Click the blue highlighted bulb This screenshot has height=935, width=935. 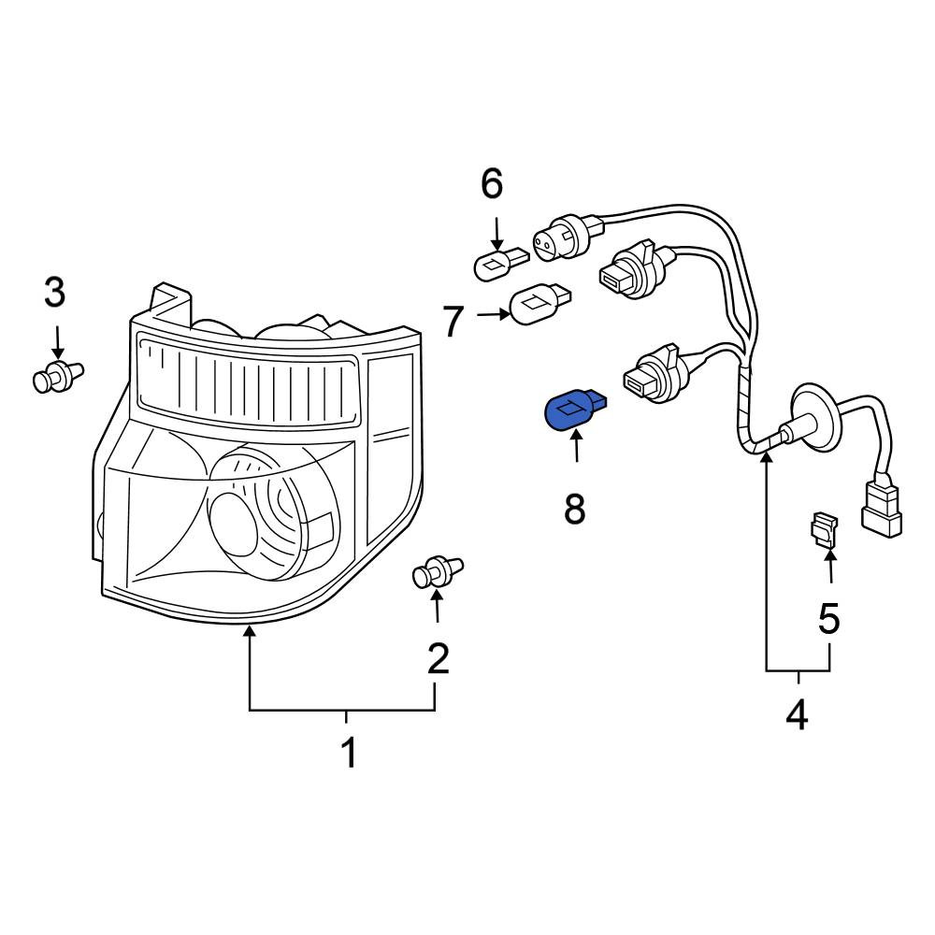pos(569,412)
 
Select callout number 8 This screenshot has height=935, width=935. pos(574,510)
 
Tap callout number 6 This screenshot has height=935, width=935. pos(492,184)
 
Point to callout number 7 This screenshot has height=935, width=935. pos(453,322)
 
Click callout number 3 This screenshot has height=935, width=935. pos(55,293)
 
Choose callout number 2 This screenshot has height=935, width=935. pos(438,659)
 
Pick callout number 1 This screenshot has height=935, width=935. pos(348,753)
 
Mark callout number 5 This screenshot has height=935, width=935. pos(829,618)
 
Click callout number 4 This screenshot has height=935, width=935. pos(796,715)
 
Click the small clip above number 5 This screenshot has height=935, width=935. pos(824,530)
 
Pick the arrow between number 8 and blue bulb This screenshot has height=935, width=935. pos(576,450)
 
